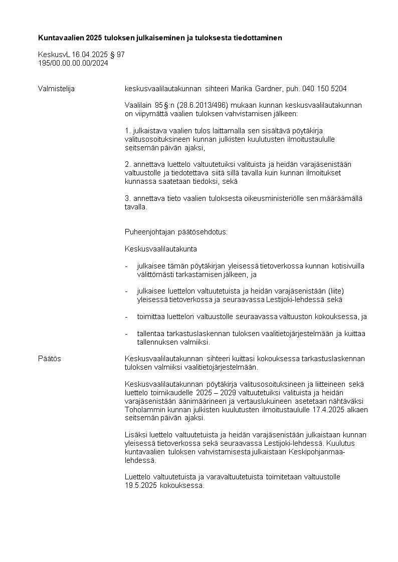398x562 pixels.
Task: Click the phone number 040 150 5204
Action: tap(325, 89)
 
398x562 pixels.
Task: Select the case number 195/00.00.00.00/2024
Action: tap(73, 63)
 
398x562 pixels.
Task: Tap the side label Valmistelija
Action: tap(56, 89)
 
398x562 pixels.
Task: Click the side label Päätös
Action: tap(50, 359)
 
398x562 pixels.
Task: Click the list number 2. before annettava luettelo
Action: tap(127, 164)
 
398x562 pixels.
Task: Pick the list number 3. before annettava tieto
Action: tap(127, 198)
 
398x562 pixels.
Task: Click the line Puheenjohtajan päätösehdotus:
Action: tap(176, 232)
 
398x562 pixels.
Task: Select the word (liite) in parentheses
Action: tap(337, 291)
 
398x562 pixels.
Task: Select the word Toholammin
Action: tap(143, 409)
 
